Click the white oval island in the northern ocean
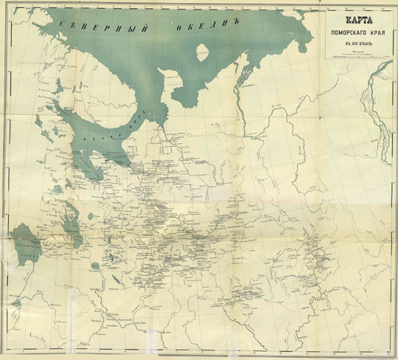click(x=200, y=52)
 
